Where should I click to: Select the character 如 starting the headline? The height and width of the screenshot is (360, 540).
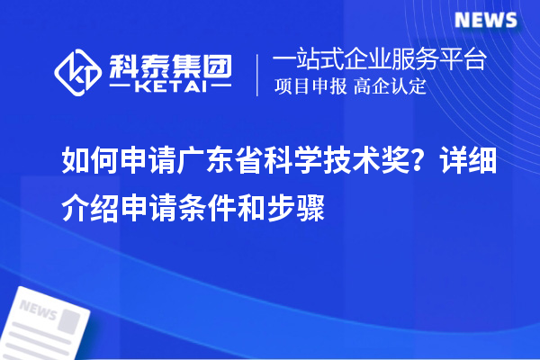(x=73, y=163)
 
